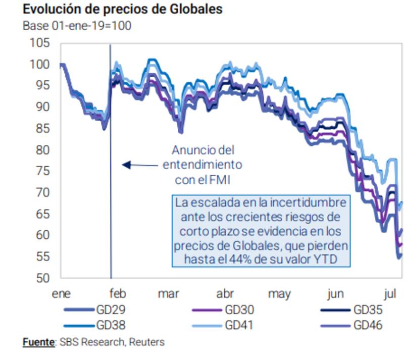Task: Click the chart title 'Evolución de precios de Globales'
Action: (x=122, y=10)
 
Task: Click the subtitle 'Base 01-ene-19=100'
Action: (x=77, y=26)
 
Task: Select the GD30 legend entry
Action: (x=238, y=310)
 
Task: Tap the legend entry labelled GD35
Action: (x=368, y=310)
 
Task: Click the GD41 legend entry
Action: (x=238, y=325)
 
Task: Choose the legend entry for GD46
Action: (x=368, y=325)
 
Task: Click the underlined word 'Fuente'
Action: (x=38, y=342)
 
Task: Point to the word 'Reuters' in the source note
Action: (x=146, y=342)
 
